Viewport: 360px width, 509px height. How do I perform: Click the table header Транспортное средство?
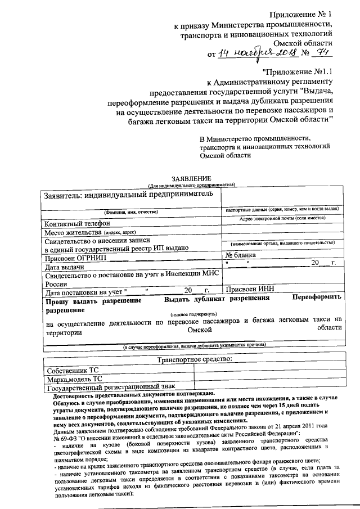pos(195,359)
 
